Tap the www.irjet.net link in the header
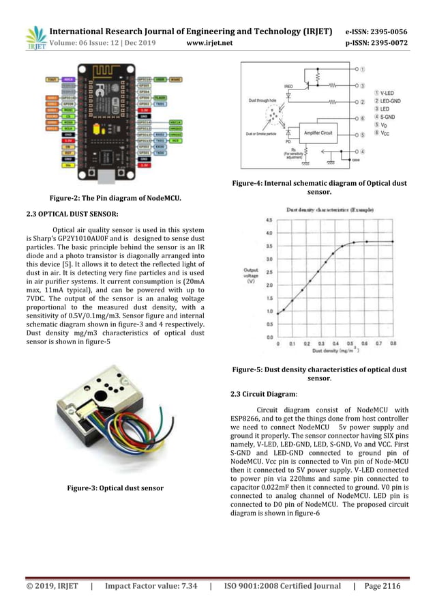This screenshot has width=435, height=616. point(209,43)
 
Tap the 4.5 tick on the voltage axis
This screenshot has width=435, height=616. point(269,221)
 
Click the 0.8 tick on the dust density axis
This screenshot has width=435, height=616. point(393,344)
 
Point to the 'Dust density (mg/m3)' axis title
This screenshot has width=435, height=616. point(336,351)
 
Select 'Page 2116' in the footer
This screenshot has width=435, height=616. point(382,586)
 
